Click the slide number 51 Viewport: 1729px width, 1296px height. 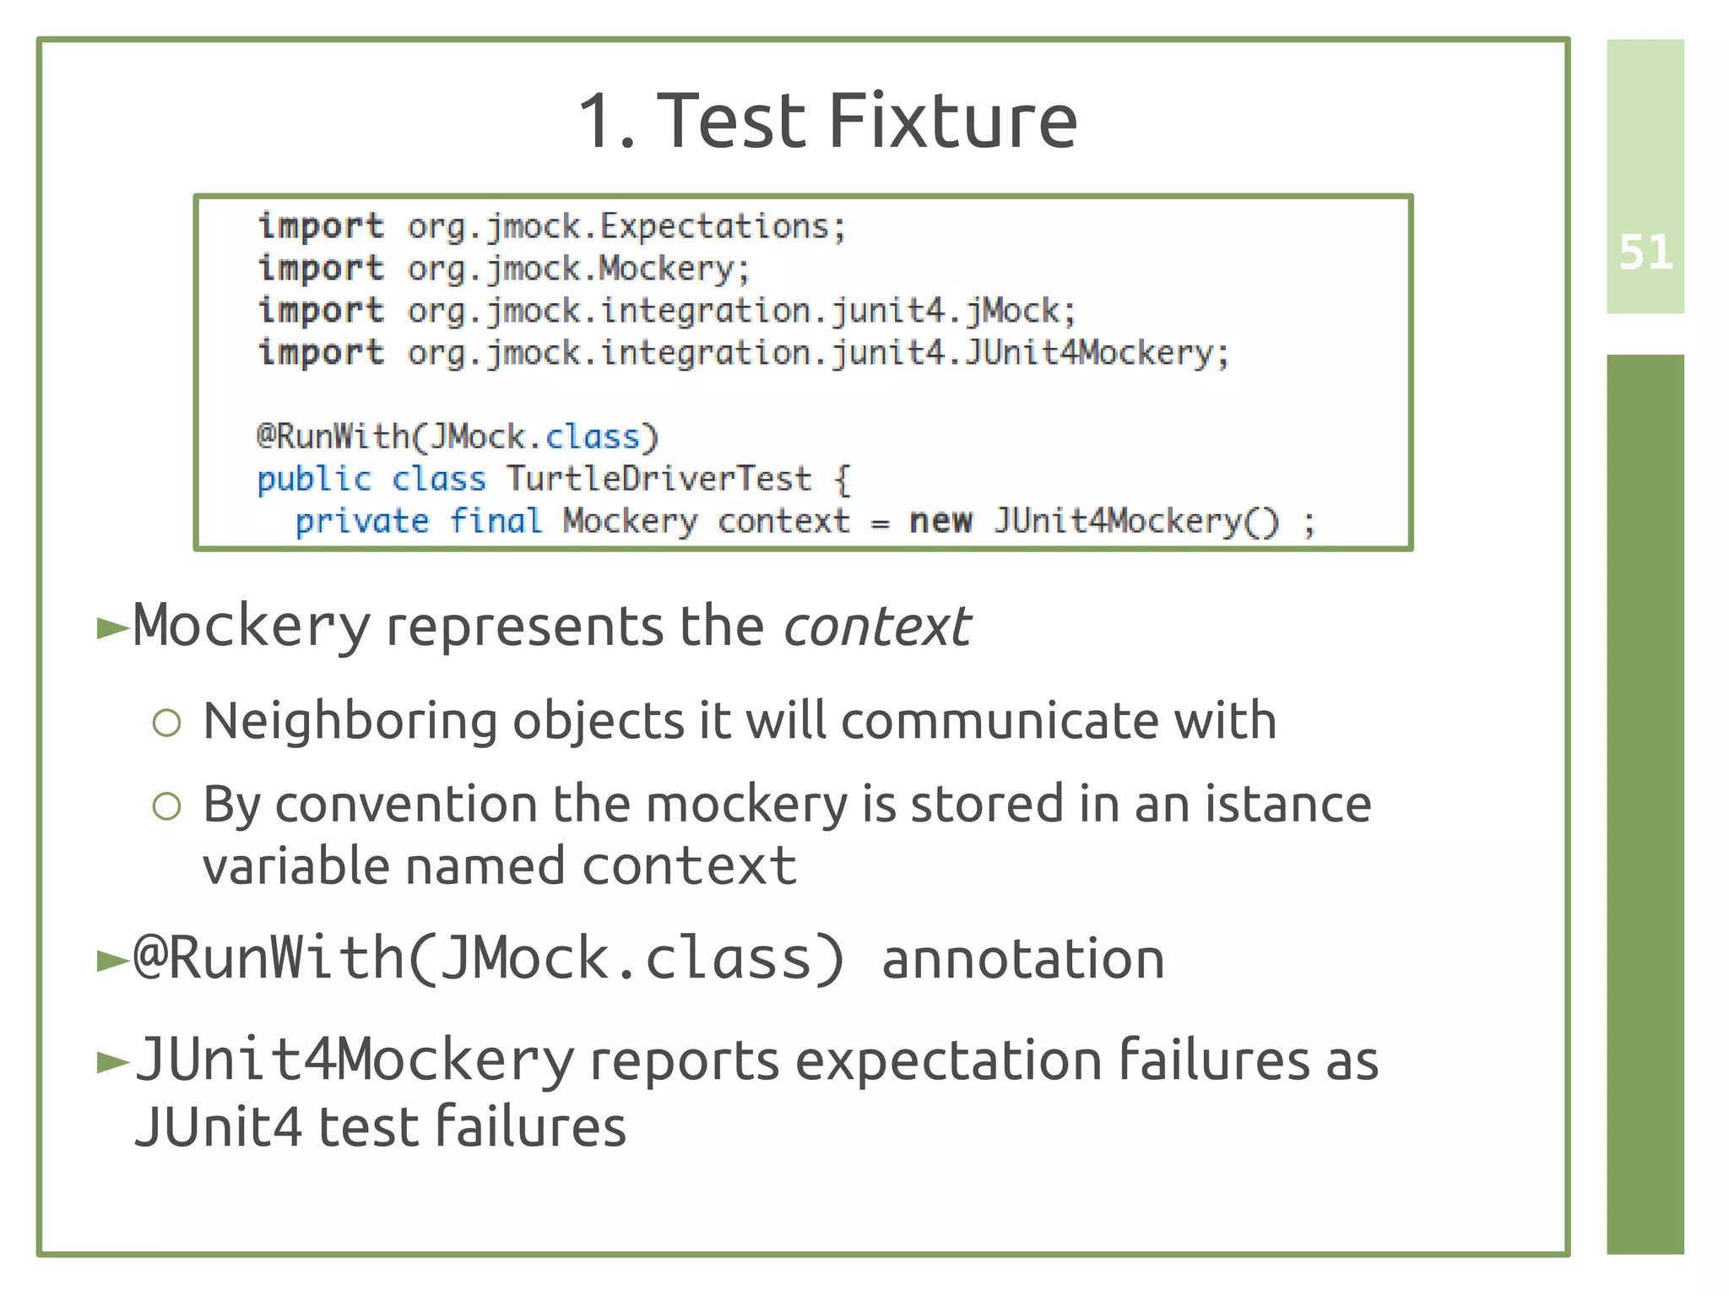click(x=1645, y=252)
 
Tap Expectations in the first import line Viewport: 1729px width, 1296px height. click(x=714, y=226)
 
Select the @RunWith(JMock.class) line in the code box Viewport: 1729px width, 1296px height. click(x=457, y=437)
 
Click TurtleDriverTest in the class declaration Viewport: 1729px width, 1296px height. click(x=659, y=479)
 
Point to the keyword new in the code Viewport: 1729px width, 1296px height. click(x=940, y=521)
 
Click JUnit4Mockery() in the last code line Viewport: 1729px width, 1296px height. click(x=1136, y=521)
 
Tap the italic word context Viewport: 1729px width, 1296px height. click(x=876, y=627)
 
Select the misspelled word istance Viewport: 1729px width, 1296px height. click(x=1287, y=804)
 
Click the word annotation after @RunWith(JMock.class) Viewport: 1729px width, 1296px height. click(x=1022, y=959)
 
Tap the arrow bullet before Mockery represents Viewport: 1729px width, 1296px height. click(x=112, y=628)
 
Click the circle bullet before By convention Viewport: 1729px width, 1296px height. click(x=167, y=806)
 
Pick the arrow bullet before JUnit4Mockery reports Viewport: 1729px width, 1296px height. click(x=112, y=1062)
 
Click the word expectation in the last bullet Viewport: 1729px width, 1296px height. click(x=948, y=1060)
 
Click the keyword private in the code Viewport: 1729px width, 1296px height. click(x=361, y=521)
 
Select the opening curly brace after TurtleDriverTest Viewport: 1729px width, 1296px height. click(x=842, y=480)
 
